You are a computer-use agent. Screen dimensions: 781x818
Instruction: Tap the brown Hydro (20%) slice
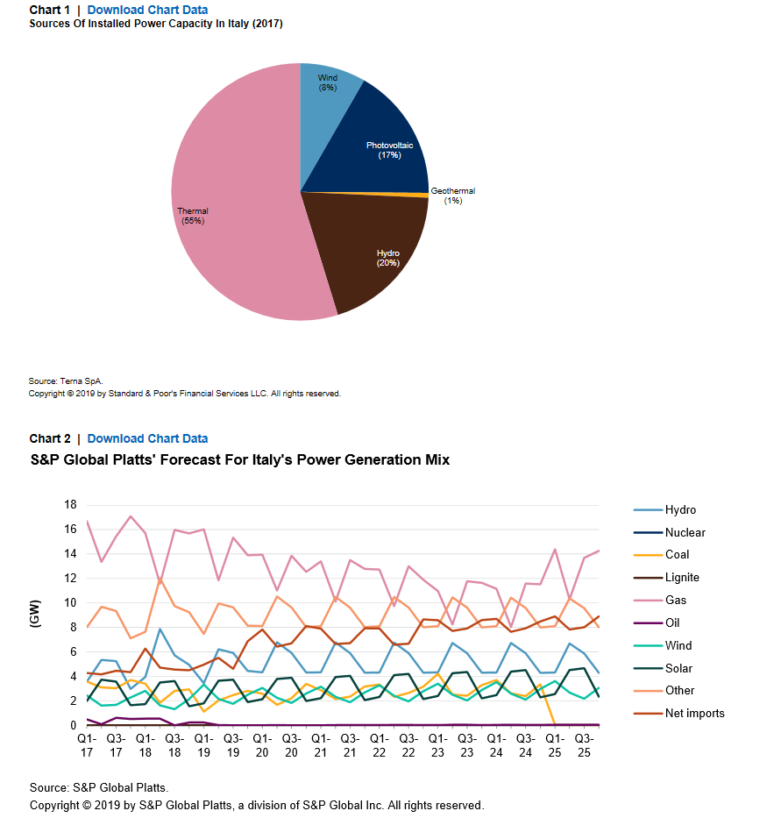click(376, 251)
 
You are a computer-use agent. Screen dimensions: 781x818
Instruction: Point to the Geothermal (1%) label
click(453, 196)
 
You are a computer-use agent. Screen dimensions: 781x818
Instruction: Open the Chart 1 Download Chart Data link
click(147, 10)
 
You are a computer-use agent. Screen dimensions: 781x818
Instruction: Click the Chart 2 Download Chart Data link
click(147, 438)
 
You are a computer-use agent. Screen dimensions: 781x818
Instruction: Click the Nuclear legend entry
click(670, 533)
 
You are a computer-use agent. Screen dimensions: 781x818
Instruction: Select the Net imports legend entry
click(678, 713)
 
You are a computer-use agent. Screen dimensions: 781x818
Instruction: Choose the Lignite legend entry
click(666, 578)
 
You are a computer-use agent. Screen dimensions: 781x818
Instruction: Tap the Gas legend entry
click(660, 600)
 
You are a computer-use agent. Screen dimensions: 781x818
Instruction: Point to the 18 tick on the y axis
click(70, 504)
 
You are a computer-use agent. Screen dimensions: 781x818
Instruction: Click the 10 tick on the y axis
click(70, 602)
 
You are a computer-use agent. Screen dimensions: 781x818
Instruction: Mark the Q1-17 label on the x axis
click(87, 745)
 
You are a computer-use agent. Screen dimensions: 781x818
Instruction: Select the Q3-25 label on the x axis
click(585, 745)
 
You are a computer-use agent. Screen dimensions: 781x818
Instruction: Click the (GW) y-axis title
click(34, 614)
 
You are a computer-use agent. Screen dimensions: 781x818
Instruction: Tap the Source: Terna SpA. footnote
click(66, 381)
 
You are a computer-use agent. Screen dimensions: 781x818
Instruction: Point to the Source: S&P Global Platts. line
click(99, 787)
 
